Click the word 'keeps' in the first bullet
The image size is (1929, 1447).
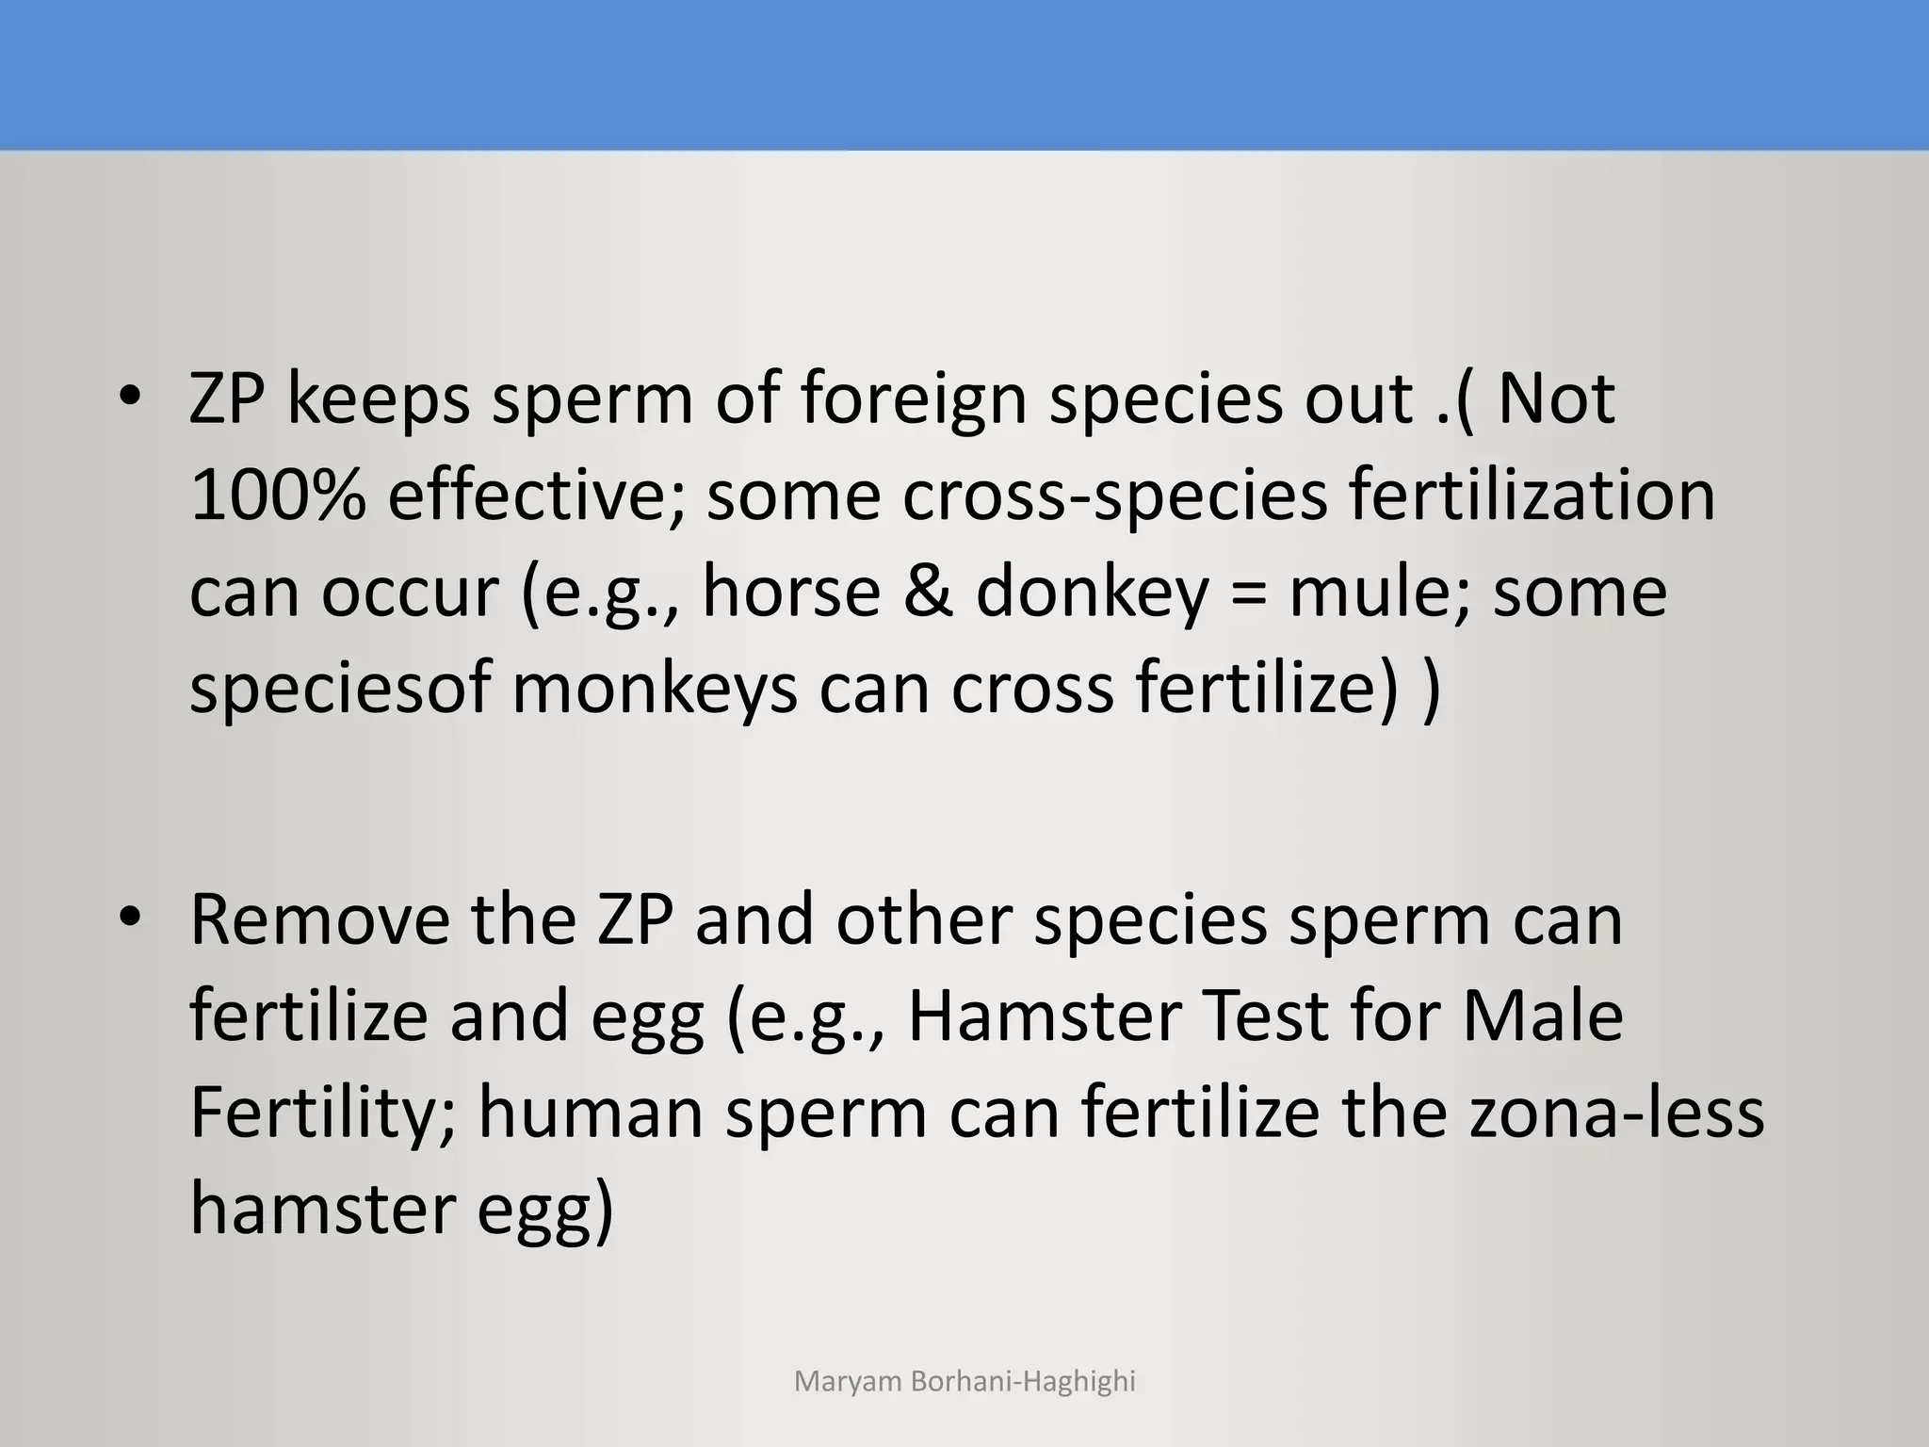coord(378,399)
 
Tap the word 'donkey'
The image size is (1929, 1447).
coord(1092,593)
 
